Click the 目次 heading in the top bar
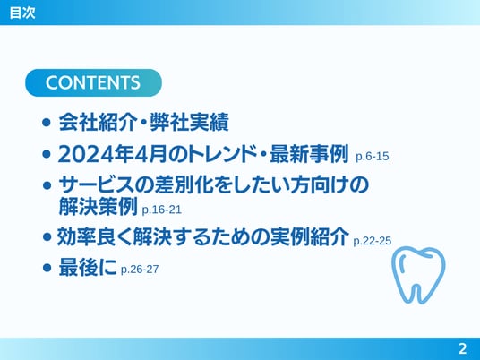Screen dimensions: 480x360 tap(22, 13)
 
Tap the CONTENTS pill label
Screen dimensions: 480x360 tap(93, 82)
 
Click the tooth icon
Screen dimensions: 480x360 tap(418, 275)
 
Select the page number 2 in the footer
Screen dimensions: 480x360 tap(462, 348)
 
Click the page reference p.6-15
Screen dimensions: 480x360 tap(372, 157)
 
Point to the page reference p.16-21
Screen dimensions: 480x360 tap(161, 210)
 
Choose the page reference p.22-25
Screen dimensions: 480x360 tap(373, 241)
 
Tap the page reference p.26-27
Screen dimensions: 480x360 tap(140, 270)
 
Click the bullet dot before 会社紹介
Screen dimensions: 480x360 tap(47, 123)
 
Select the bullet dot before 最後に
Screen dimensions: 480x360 tap(47, 268)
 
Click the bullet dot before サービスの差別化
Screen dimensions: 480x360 tap(47, 185)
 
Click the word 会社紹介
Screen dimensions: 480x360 tap(98, 123)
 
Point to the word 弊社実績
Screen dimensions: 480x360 tap(189, 123)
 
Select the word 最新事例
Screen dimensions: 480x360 tap(309, 154)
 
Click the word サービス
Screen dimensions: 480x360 tap(97, 185)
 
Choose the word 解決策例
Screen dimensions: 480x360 tap(98, 207)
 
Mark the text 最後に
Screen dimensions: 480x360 tap(88, 267)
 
